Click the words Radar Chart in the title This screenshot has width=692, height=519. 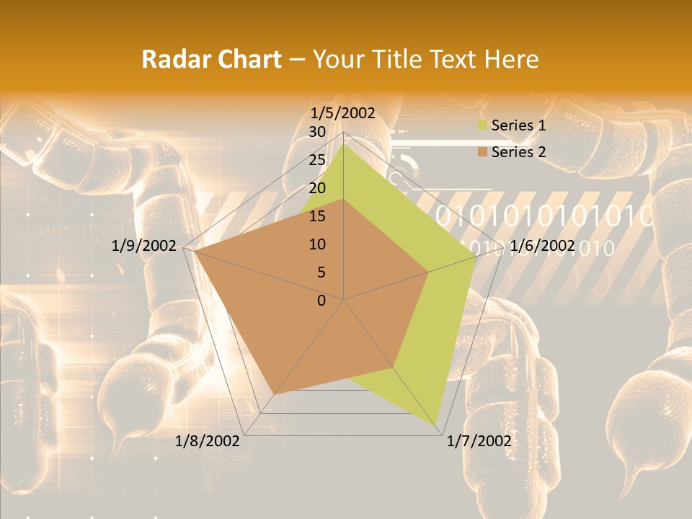[211, 59]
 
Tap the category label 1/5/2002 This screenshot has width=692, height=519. [342, 113]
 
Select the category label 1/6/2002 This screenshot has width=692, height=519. [542, 246]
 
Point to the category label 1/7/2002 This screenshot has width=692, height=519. [479, 441]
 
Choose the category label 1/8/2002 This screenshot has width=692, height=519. [208, 441]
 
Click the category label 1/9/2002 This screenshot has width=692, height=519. [144, 246]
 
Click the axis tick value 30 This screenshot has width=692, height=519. [316, 132]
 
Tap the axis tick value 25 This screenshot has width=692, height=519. [316, 160]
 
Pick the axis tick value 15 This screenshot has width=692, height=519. [316, 216]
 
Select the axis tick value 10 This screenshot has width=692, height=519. [316, 244]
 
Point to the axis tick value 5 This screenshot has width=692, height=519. [321, 272]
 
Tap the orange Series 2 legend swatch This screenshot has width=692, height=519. [482, 152]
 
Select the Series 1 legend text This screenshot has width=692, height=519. [518, 125]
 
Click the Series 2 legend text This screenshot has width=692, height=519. [518, 152]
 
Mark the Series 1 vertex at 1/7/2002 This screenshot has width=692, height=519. [438, 425]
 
